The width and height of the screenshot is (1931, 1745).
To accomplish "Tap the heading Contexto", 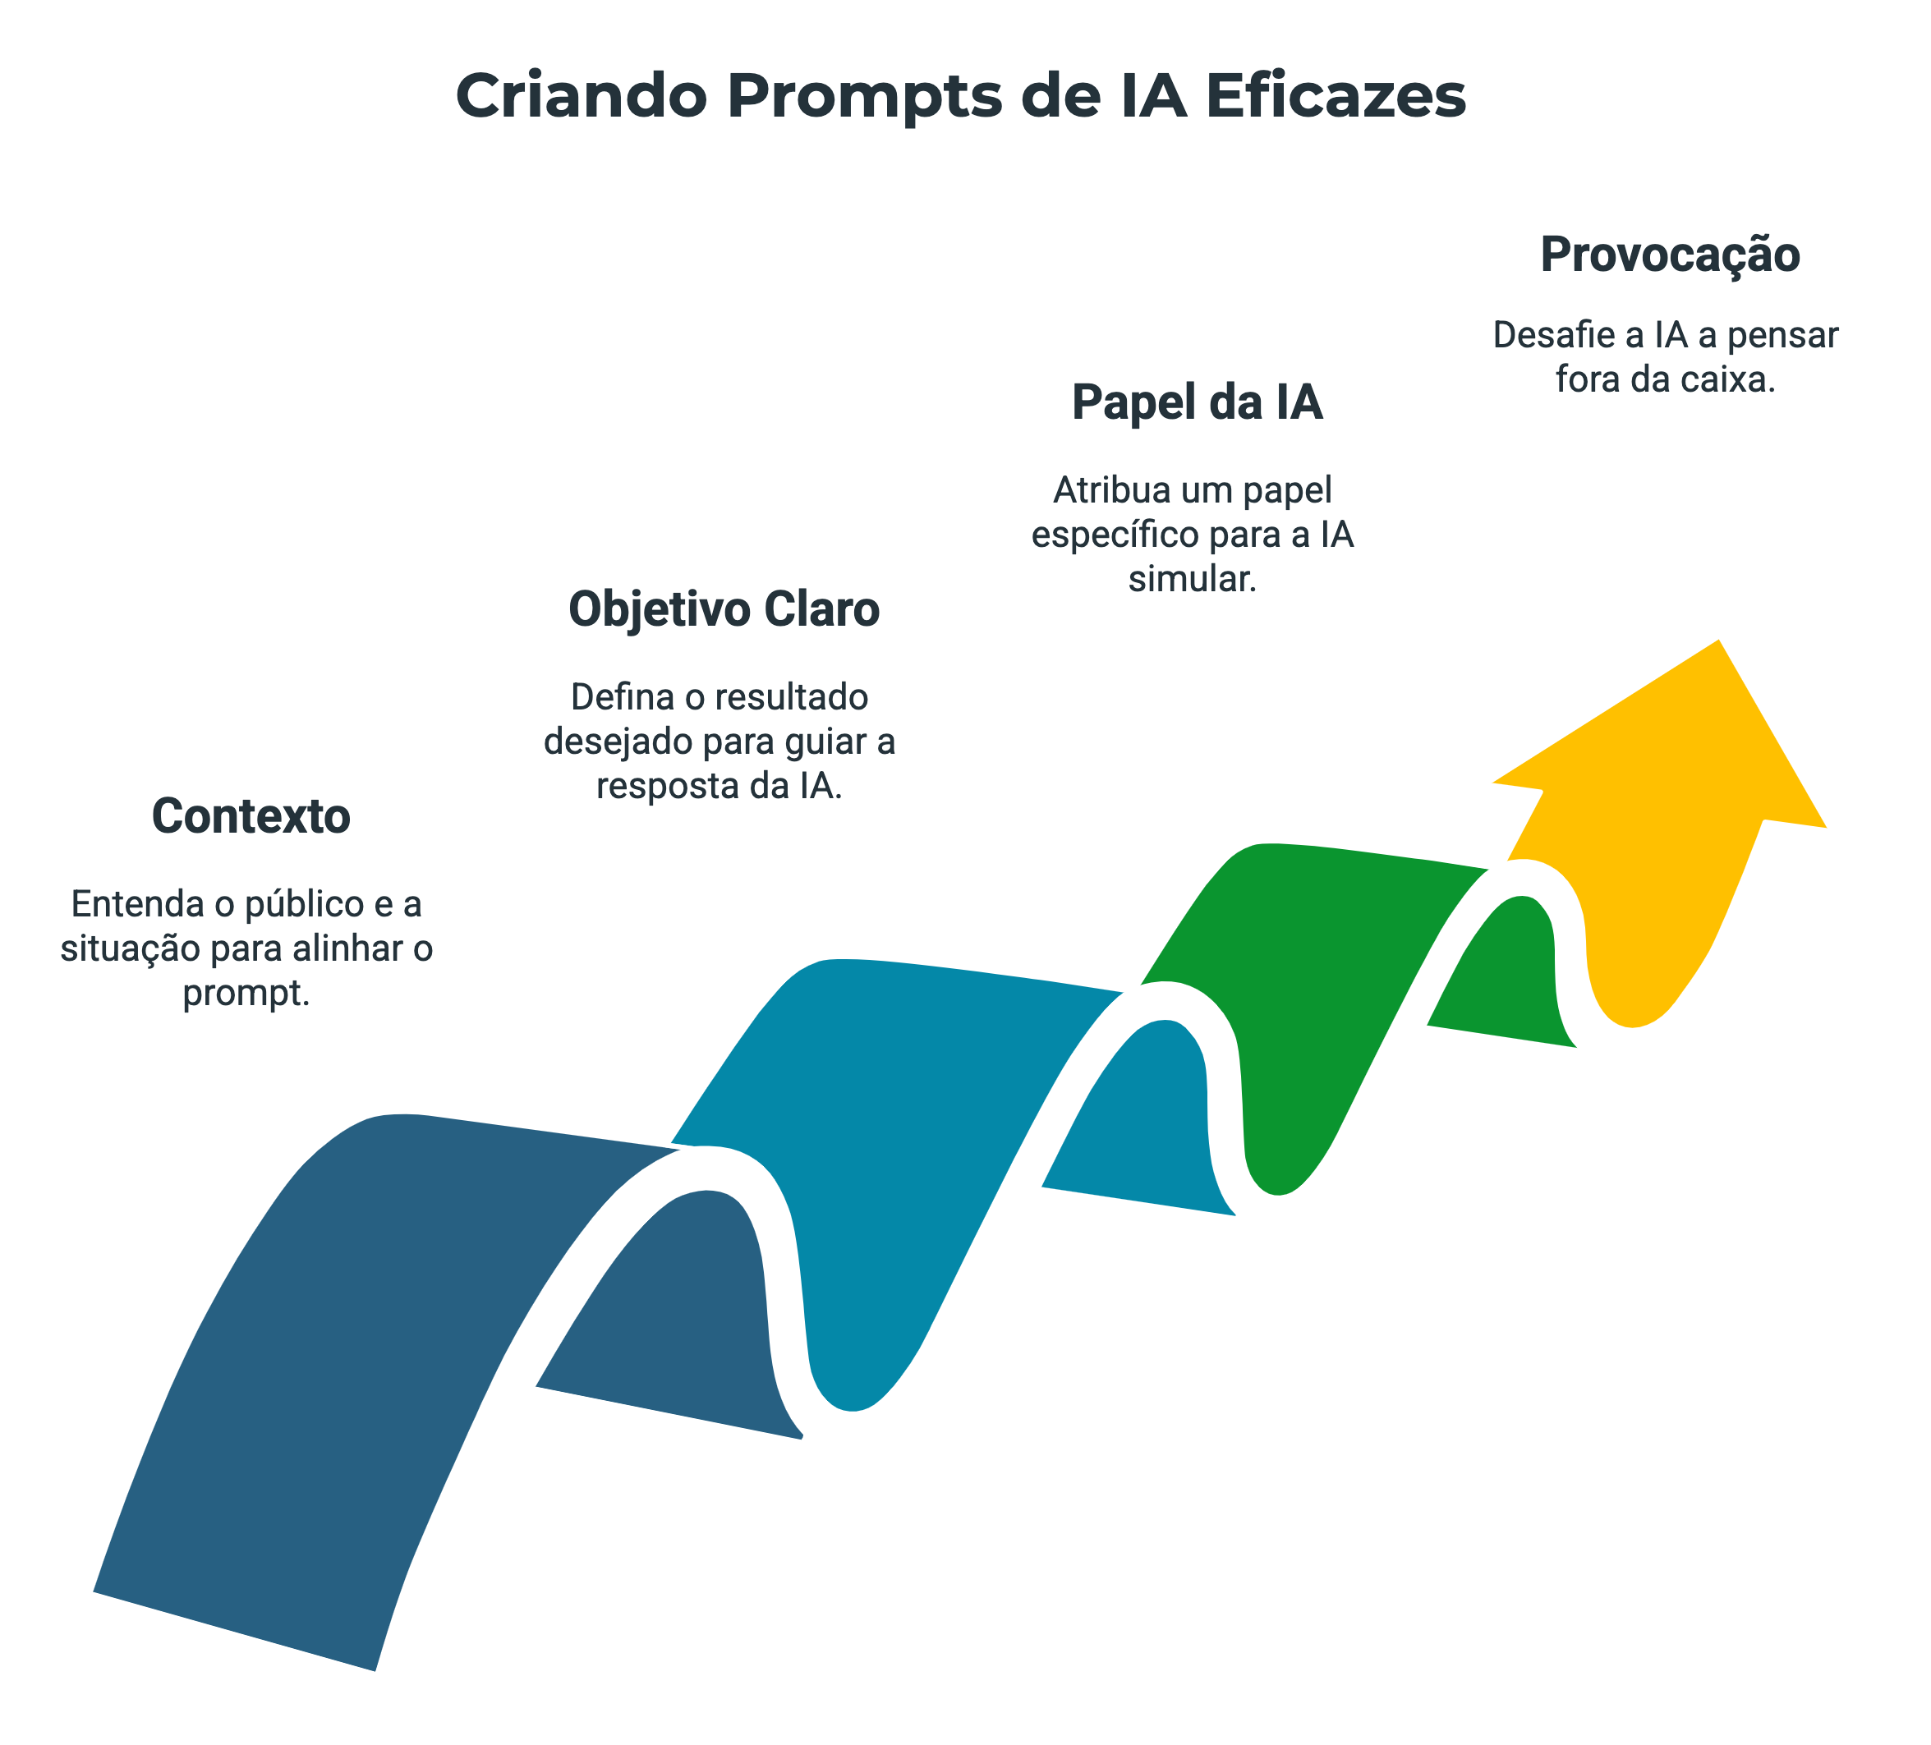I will [x=251, y=817].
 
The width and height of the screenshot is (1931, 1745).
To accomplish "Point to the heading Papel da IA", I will [x=1197, y=402].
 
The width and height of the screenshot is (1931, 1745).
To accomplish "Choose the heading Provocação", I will [x=1670, y=255].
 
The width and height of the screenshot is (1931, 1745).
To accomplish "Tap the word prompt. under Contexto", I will [x=246, y=993].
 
